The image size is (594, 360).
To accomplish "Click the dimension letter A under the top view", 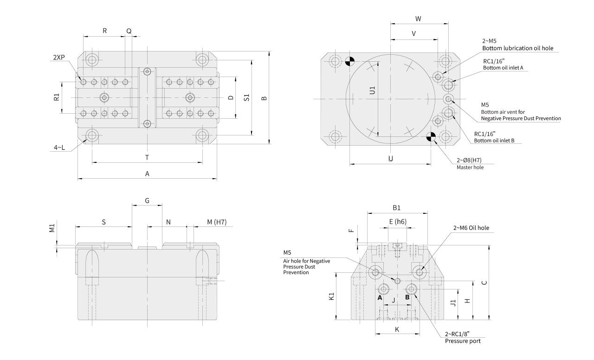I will click(x=147, y=174).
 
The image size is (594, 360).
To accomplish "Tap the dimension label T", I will click(x=147, y=158).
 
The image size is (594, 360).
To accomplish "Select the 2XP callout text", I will click(x=58, y=58).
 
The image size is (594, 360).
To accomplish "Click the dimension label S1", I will click(x=247, y=98).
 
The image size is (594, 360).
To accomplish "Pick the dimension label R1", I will click(x=57, y=97).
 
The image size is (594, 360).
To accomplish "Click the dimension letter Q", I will click(x=129, y=31).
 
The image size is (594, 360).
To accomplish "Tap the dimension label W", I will click(x=418, y=19).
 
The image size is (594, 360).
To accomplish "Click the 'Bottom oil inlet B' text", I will click(x=494, y=141).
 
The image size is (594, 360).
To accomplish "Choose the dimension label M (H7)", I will click(x=217, y=222).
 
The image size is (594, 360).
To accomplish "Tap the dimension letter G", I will click(x=147, y=201).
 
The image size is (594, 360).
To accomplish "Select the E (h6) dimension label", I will click(x=398, y=222).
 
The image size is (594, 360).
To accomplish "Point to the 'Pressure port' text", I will click(x=463, y=341).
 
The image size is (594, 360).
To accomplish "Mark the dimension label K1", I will click(x=331, y=296).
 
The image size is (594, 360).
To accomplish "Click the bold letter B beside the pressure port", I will click(x=407, y=297).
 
